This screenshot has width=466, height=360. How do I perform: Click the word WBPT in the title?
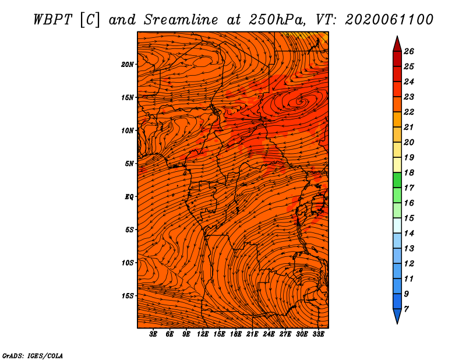click(x=52, y=20)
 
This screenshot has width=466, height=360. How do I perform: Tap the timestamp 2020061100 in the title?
click(x=389, y=20)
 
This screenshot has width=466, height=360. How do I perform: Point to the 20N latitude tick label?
click(x=128, y=65)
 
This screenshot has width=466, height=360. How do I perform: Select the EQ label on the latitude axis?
click(x=129, y=197)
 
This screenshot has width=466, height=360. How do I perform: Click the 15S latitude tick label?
click(x=128, y=296)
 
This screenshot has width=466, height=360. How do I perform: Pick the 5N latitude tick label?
click(x=129, y=164)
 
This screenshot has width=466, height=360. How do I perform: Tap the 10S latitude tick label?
click(x=128, y=263)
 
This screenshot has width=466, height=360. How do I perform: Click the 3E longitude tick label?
click(x=153, y=334)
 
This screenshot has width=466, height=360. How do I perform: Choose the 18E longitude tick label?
click(x=236, y=334)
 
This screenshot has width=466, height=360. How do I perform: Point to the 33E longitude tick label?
click(x=318, y=334)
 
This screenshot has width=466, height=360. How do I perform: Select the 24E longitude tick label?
click(x=269, y=334)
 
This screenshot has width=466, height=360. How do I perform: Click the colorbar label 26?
click(x=409, y=51)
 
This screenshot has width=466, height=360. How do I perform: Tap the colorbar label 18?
click(x=409, y=172)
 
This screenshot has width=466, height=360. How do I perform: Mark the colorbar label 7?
click(x=406, y=309)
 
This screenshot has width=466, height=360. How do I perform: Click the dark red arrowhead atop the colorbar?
click(x=397, y=45)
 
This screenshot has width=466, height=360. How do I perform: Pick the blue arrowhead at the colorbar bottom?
click(x=397, y=315)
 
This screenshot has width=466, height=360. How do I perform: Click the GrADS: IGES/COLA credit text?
click(x=33, y=355)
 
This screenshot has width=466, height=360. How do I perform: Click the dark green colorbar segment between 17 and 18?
click(x=397, y=180)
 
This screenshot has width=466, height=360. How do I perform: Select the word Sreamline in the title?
click(x=181, y=20)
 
